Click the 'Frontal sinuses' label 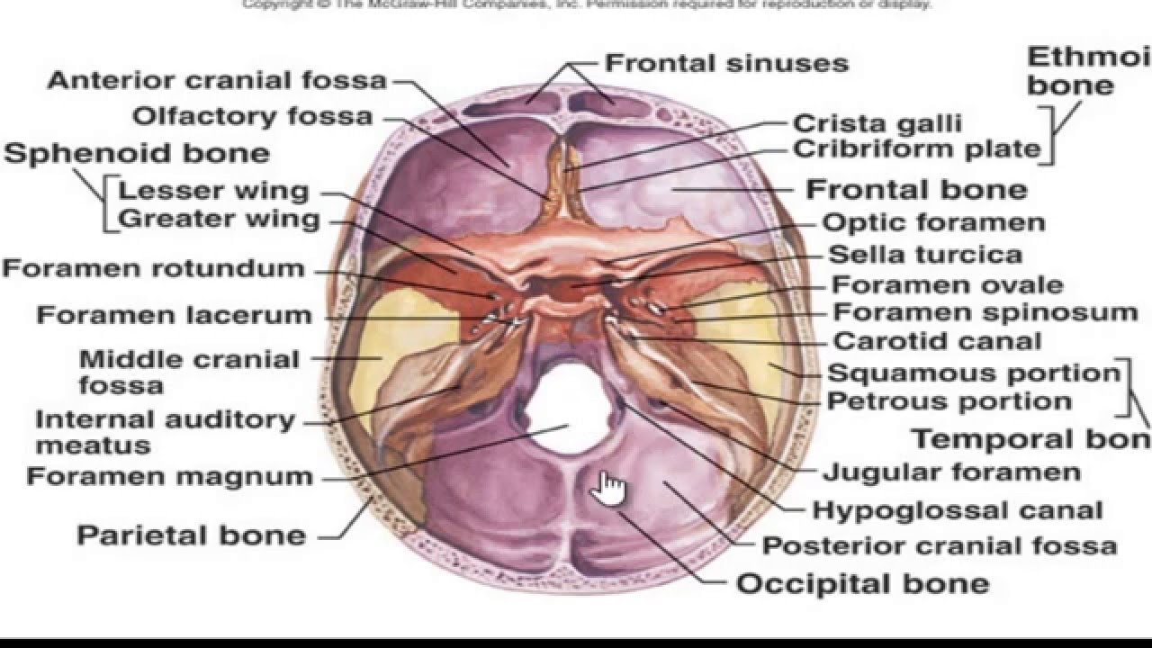726,63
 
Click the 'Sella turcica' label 924,255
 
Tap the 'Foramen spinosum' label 985,312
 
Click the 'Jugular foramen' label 951,472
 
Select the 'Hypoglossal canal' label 958,510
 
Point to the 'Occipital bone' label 863,583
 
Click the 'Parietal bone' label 191,535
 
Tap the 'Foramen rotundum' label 153,268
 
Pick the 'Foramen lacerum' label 174,315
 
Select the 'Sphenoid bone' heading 137,152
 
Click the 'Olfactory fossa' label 253,116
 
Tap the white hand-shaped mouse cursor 609,489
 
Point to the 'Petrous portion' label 949,400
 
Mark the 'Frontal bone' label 916,189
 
